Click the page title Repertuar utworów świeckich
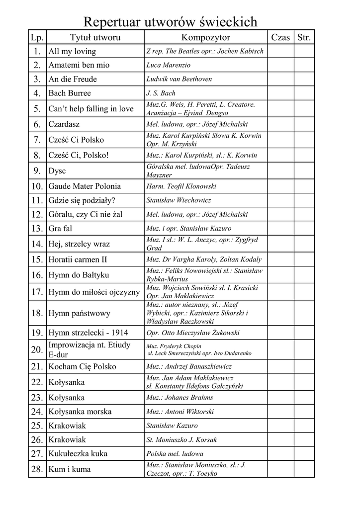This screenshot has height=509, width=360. pyautogui.click(x=170, y=21)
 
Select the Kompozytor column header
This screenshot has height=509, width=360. pyautogui.click(x=205, y=37)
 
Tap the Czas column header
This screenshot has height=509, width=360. pyautogui.click(x=280, y=37)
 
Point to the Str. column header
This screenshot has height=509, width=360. pyautogui.click(x=304, y=37)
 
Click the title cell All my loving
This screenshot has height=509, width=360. pyautogui.click(x=72, y=51)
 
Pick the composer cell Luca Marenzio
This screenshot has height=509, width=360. pyautogui.click(x=168, y=65)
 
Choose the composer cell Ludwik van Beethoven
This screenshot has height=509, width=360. pyautogui.click(x=179, y=79)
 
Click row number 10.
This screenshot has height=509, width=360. pyautogui.click(x=37, y=186)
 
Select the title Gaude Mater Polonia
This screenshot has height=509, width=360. pyautogui.click(x=85, y=186)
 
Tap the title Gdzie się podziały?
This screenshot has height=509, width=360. pyautogui.click(x=82, y=200)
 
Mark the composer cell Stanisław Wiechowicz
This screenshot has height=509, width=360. pyautogui.click(x=179, y=200)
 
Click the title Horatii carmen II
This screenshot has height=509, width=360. pyautogui.click(x=78, y=259)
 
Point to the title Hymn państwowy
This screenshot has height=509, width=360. pyautogui.click(x=79, y=313)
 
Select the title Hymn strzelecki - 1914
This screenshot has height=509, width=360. pyautogui.click(x=88, y=333)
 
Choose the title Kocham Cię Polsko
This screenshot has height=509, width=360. pyautogui.click(x=82, y=367)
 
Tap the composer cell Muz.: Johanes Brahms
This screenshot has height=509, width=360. pyautogui.click(x=180, y=398)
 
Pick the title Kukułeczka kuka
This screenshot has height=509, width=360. pyautogui.click(x=78, y=454)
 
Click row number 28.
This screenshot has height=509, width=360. pyautogui.click(x=37, y=469)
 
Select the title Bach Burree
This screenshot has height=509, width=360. pyautogui.click(x=70, y=93)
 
